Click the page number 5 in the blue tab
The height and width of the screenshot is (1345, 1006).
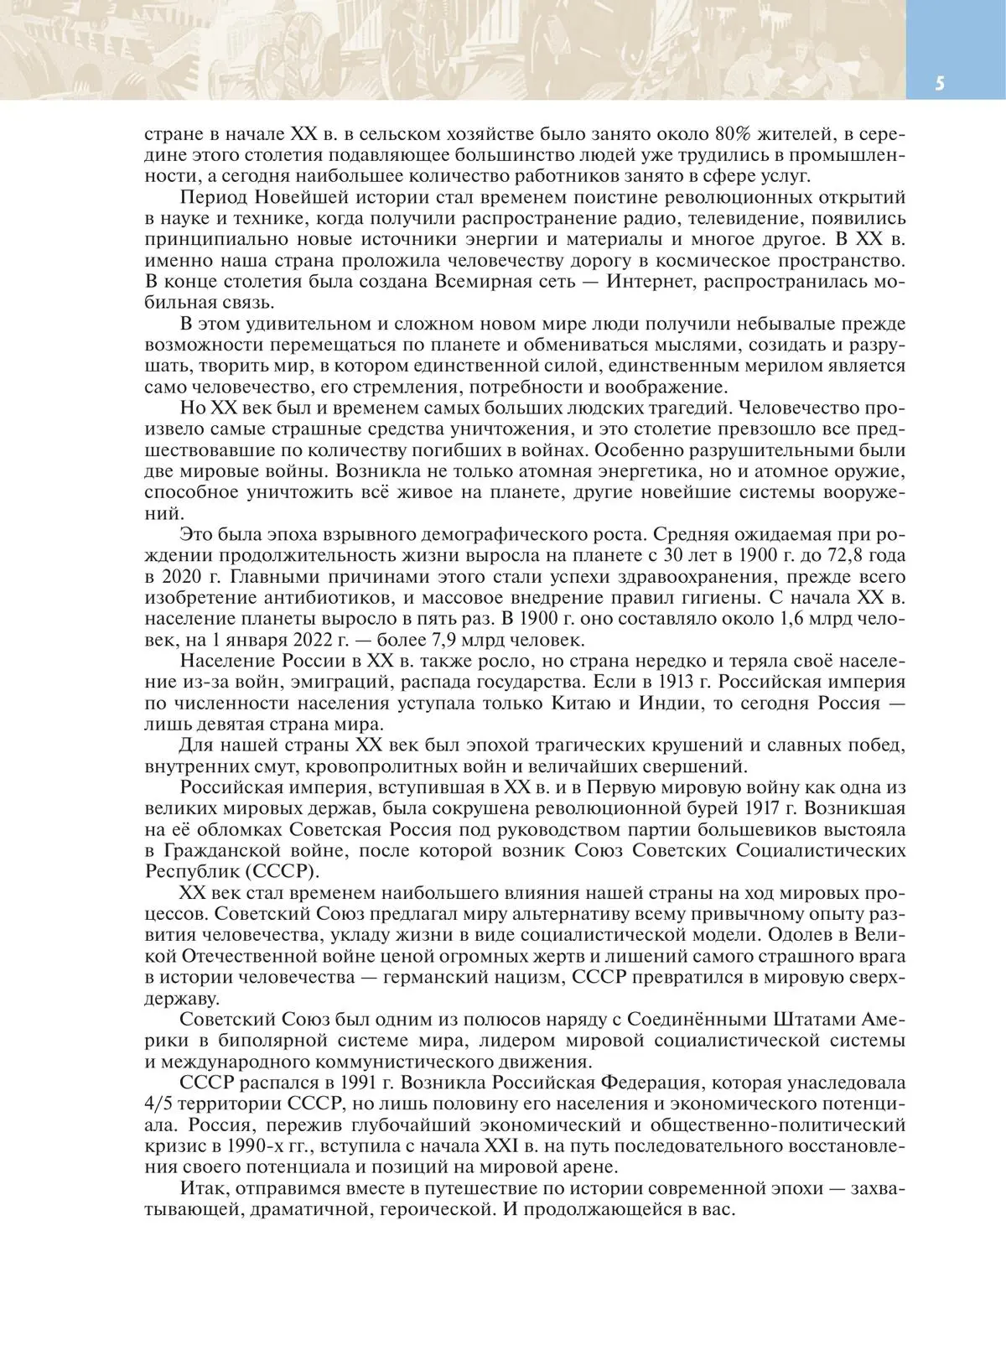(940, 84)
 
